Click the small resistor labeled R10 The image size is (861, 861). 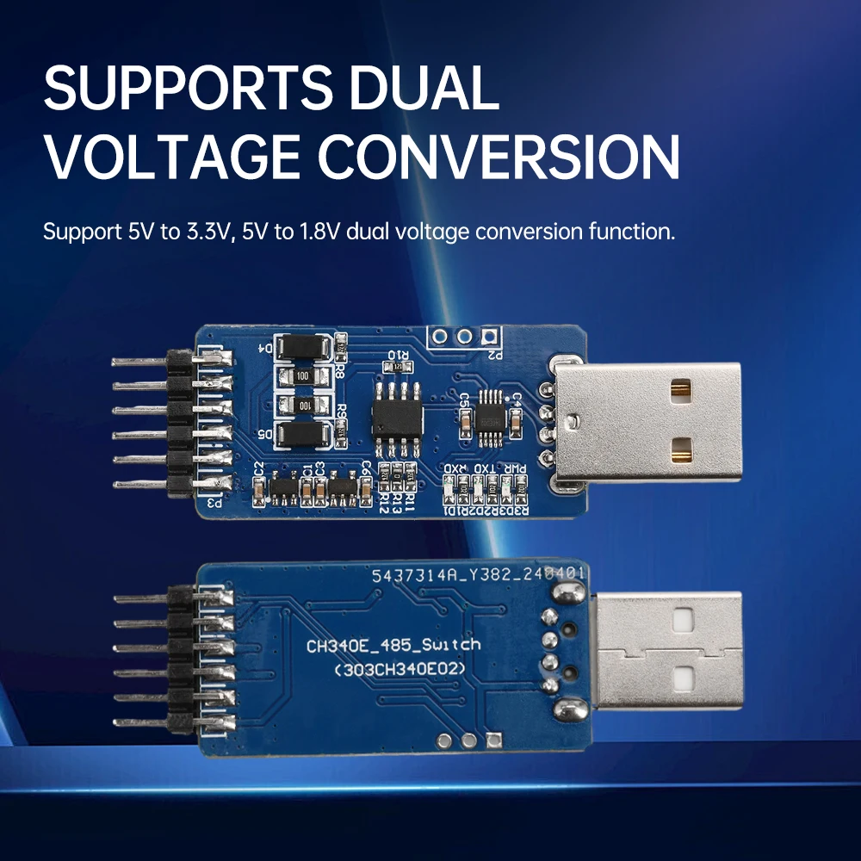398,368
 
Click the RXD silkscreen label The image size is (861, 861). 452,470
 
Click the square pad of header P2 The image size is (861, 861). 490,336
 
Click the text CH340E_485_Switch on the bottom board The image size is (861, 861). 394,645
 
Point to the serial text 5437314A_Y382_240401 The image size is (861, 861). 479,573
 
